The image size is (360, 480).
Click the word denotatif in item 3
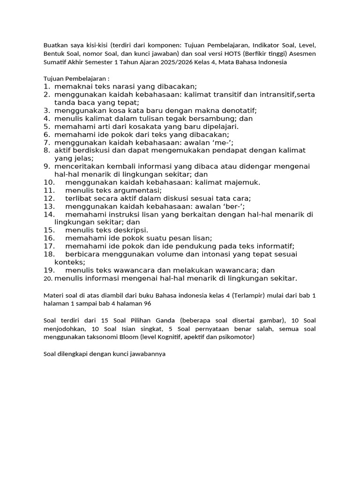tap(238, 110)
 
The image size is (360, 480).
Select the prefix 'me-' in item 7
tap(224, 142)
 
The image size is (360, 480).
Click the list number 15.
tap(50, 230)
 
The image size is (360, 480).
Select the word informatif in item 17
tap(276, 246)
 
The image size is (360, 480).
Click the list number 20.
tap(47, 278)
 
